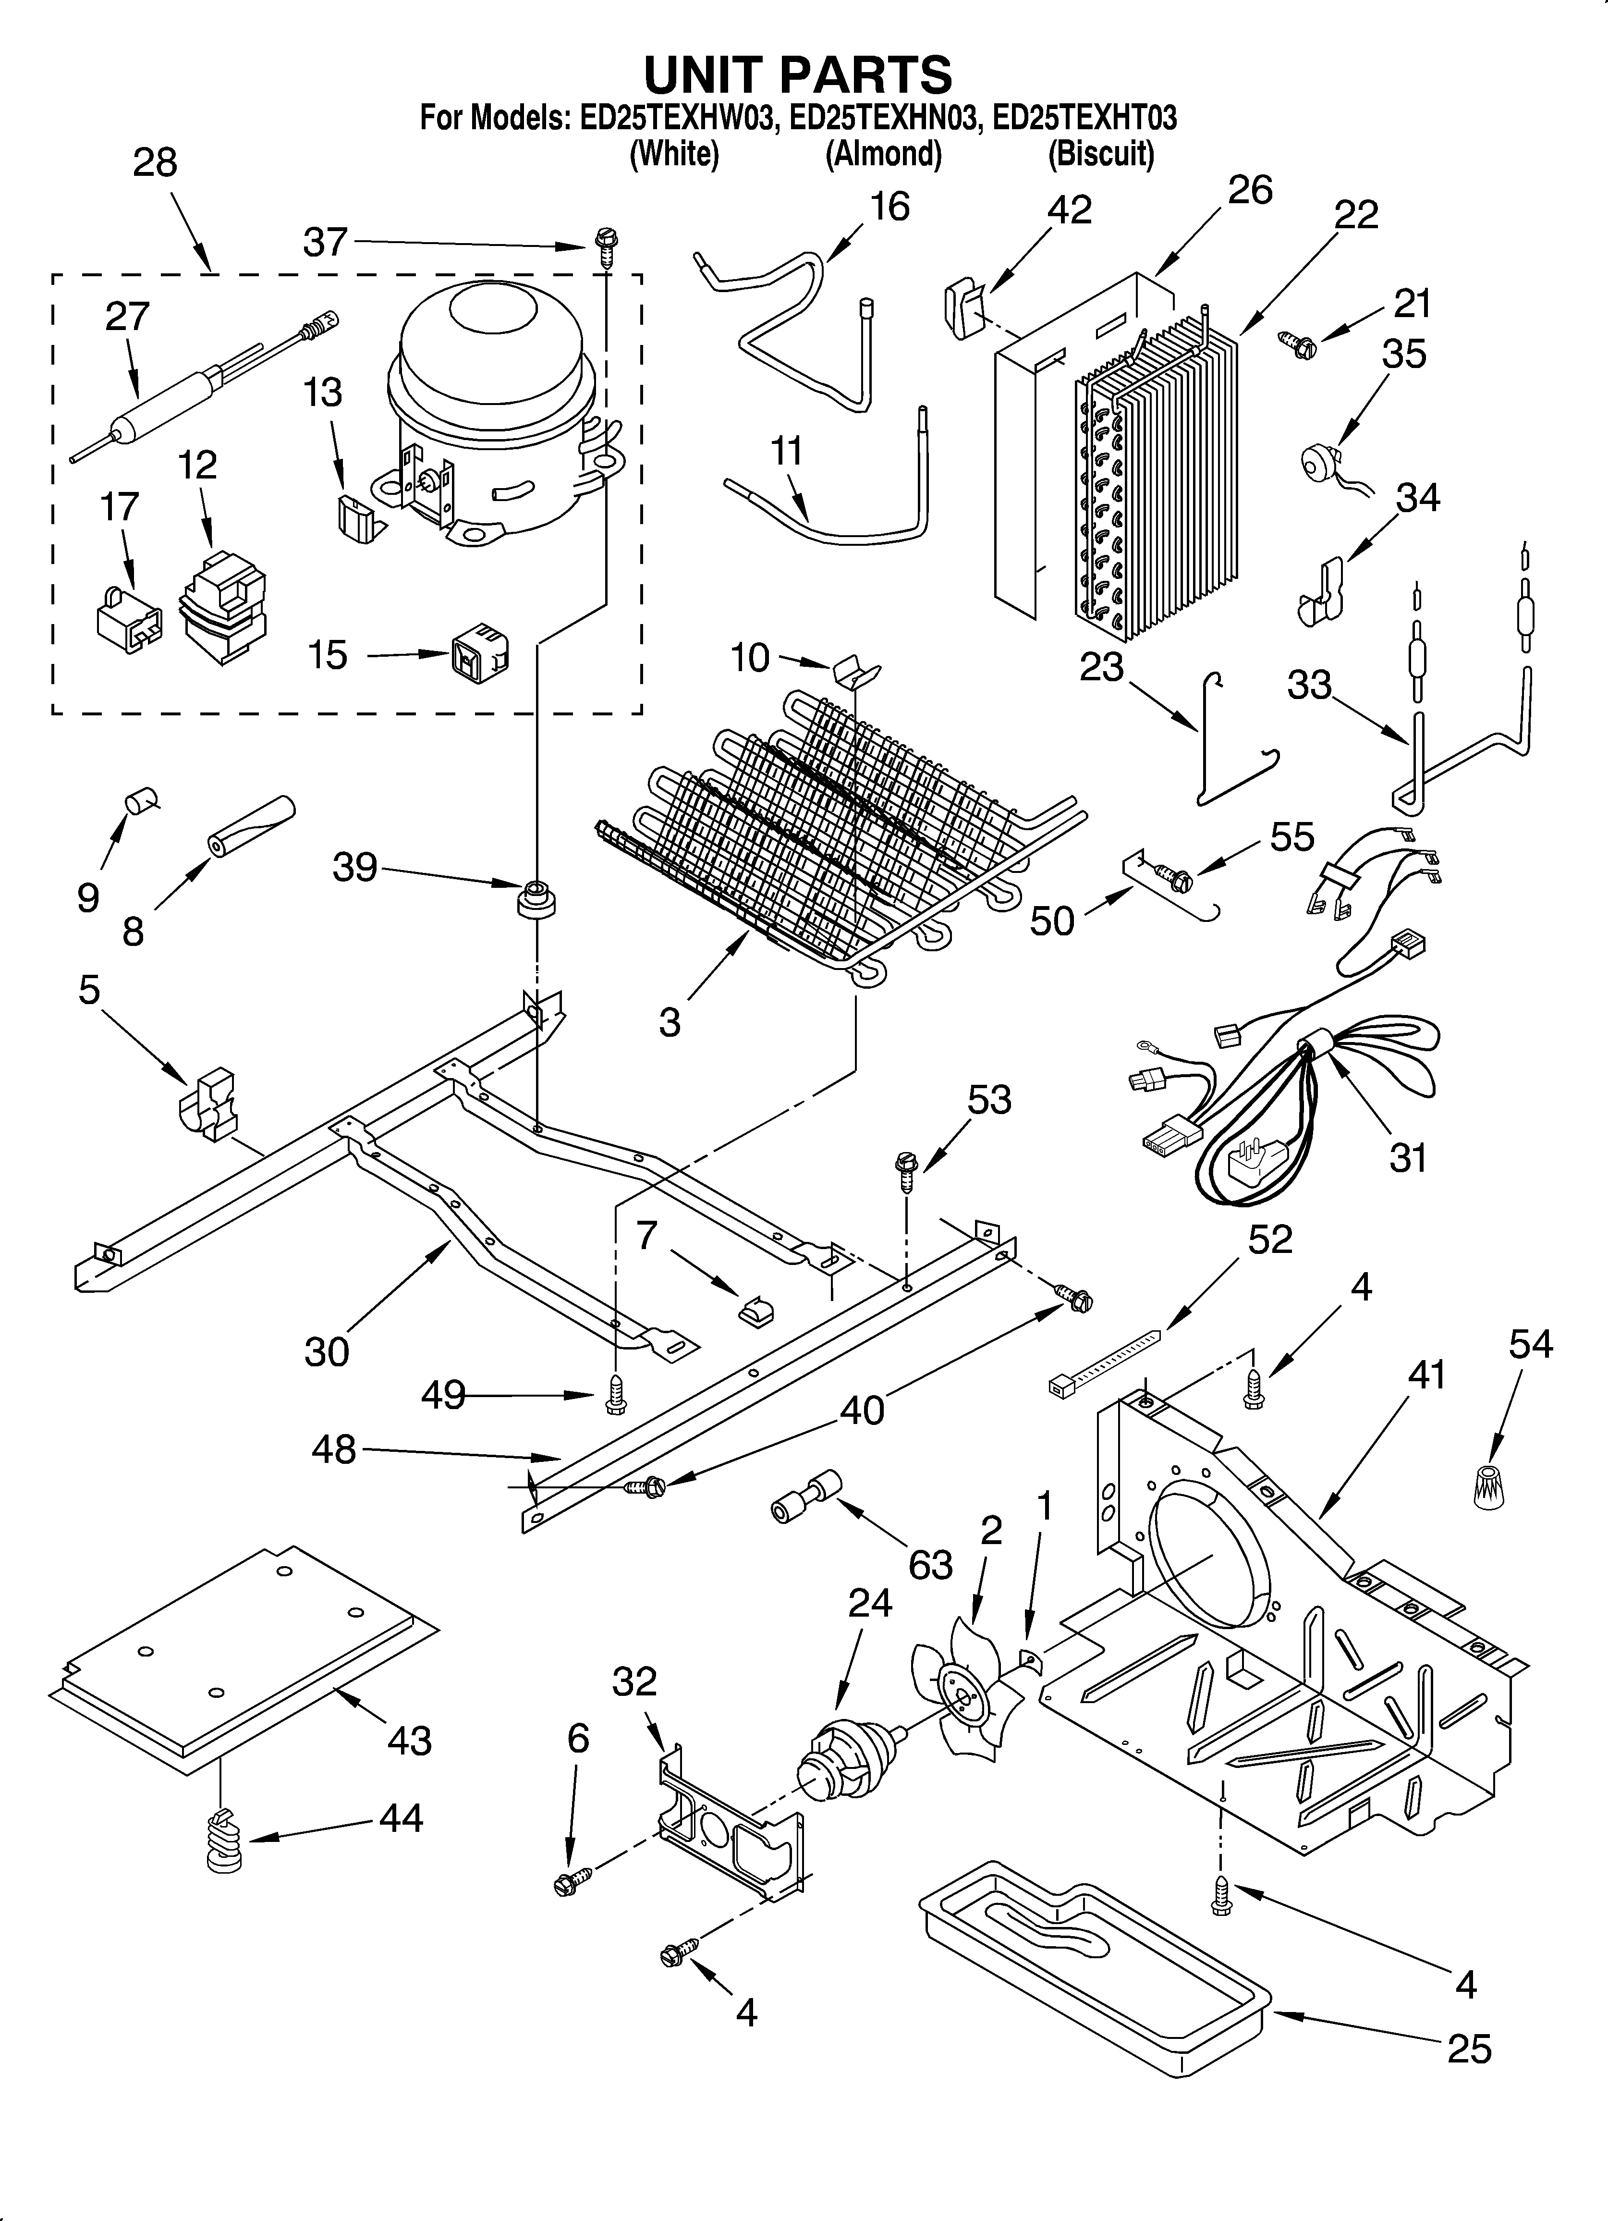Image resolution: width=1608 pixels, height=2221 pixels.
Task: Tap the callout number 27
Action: pos(127,316)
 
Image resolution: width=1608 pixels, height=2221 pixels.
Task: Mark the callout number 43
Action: pos(408,1740)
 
